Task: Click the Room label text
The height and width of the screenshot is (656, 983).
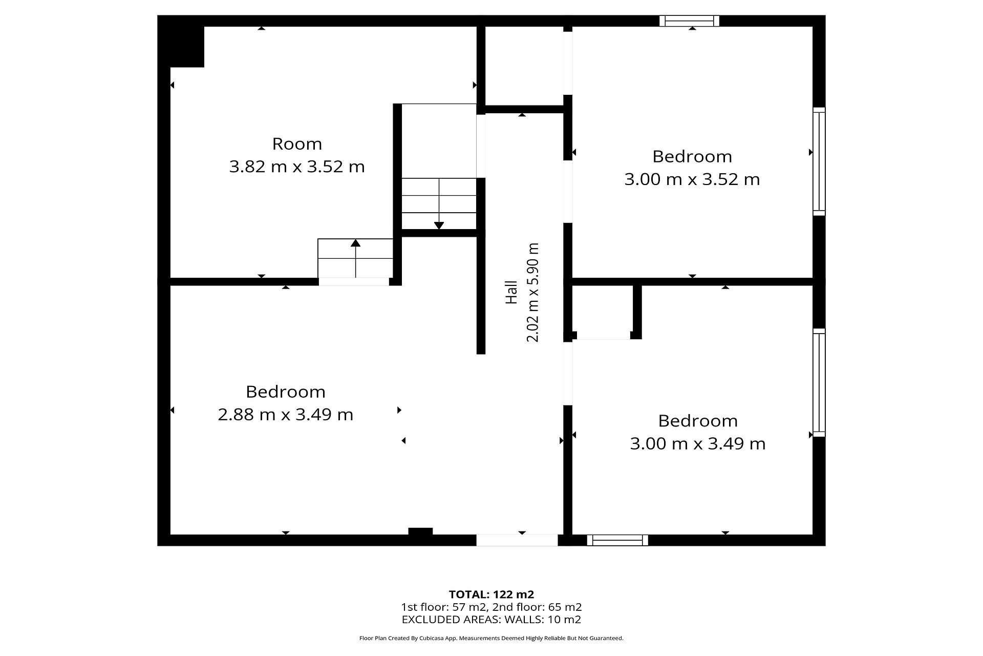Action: pos(297,144)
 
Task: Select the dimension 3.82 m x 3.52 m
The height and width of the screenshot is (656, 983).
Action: pos(297,167)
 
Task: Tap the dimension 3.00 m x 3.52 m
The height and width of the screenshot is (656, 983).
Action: pos(692,179)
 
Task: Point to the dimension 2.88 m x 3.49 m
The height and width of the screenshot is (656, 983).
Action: pos(286,415)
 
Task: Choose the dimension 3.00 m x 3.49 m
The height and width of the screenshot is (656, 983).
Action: pos(698,444)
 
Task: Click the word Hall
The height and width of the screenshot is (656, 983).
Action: pos(511,292)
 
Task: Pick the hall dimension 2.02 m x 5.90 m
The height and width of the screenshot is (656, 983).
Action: pos(533,292)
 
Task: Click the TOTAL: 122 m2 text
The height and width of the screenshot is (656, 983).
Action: pos(491,594)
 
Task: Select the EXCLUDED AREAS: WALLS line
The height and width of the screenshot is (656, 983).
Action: pos(491,620)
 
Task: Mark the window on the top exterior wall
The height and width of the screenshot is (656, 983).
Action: pos(689,21)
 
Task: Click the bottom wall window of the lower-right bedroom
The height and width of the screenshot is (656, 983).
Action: pos(617,540)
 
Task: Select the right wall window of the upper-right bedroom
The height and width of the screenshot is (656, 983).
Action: pos(819,161)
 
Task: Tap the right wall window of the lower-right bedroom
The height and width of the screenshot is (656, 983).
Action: pos(819,383)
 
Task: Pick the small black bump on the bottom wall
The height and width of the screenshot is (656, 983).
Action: pos(420,531)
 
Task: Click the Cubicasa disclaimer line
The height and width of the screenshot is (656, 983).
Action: pos(491,639)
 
